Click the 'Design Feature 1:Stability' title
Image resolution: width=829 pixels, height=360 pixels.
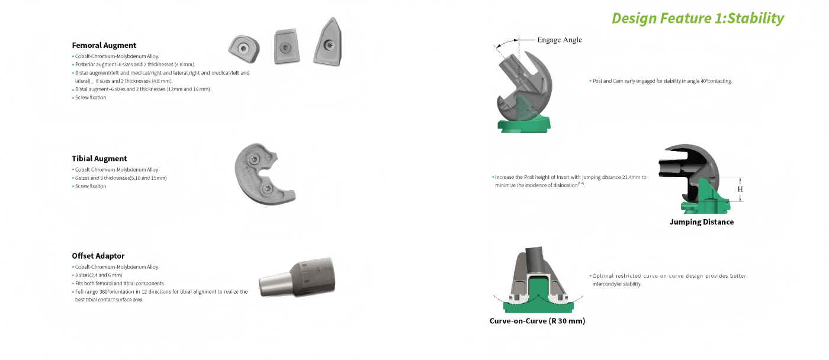(x=698, y=18)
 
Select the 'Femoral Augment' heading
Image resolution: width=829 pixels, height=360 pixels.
(x=104, y=45)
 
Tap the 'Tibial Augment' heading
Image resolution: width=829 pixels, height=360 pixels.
(x=99, y=159)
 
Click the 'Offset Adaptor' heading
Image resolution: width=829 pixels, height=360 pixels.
(x=98, y=256)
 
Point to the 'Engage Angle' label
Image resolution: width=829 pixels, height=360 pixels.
(x=559, y=40)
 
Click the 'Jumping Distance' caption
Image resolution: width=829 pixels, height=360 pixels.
(x=701, y=222)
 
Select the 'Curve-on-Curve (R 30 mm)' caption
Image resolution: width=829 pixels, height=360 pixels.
(x=537, y=321)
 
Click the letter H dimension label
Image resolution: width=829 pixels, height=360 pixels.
(x=740, y=189)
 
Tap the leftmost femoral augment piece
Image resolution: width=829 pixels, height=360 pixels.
(x=243, y=49)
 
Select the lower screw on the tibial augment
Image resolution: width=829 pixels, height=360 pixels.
(x=268, y=189)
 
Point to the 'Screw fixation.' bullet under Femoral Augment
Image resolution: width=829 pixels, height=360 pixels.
(x=91, y=98)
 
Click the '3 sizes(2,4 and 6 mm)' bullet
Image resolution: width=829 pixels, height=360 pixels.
(x=98, y=275)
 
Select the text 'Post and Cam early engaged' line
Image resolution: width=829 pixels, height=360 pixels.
(x=662, y=81)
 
